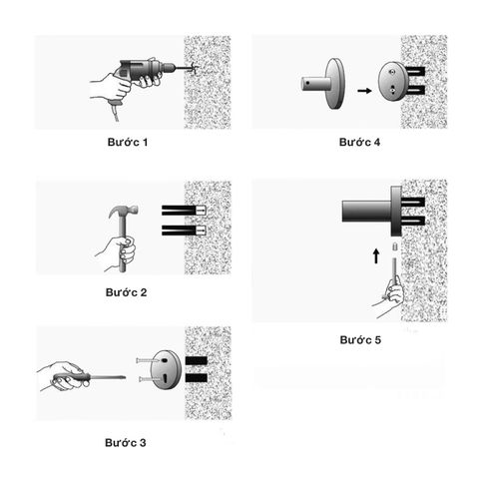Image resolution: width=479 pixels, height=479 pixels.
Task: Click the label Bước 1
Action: [x=127, y=143]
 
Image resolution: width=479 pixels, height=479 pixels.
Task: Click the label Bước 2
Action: [x=127, y=292]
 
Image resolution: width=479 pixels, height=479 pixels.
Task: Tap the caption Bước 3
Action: [x=127, y=441]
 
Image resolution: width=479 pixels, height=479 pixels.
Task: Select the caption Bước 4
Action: [x=360, y=143]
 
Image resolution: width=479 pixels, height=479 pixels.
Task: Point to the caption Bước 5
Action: [x=360, y=340]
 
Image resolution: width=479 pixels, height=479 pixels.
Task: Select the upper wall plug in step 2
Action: [x=184, y=211]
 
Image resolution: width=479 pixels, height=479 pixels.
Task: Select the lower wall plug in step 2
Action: [x=184, y=233]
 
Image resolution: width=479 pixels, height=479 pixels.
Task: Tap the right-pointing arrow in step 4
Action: [x=365, y=90]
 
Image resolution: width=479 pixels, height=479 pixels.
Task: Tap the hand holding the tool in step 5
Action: [x=395, y=292]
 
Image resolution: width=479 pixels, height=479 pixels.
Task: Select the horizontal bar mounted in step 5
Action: [x=367, y=211]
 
